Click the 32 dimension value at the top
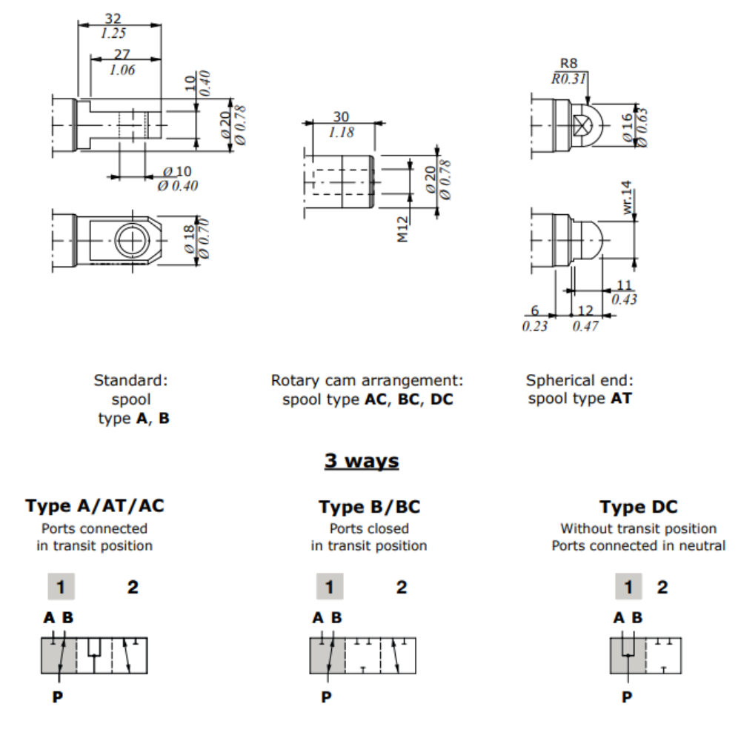(113, 18)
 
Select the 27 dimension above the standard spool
(122, 54)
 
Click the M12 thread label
(403, 230)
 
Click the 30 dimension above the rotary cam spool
(341, 117)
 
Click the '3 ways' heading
(362, 461)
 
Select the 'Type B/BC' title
(369, 507)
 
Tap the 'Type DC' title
(638, 507)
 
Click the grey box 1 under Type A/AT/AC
(62, 587)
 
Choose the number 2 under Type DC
(662, 587)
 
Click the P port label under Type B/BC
(326, 697)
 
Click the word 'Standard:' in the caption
(131, 380)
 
